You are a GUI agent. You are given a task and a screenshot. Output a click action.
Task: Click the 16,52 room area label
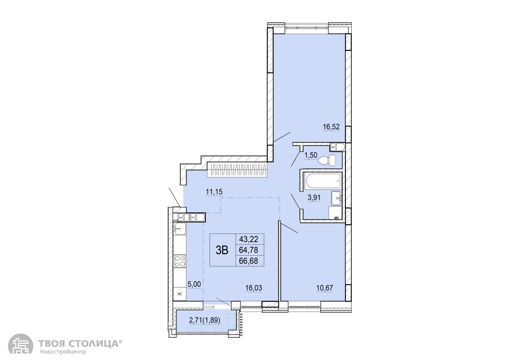[331, 127]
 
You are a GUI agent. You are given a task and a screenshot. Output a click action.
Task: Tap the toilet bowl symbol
[326, 160]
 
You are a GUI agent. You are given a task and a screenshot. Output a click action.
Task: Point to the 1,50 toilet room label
[311, 155]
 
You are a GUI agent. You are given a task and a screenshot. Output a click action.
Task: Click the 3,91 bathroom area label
[314, 197]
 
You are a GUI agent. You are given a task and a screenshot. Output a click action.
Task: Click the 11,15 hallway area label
[214, 192]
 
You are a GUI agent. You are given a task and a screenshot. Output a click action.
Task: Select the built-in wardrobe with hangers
[237, 170]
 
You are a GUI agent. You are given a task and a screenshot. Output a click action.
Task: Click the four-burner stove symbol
[180, 261]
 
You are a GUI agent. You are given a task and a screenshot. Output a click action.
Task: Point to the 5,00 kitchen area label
[194, 284]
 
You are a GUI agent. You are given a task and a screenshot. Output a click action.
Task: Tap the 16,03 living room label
[254, 288]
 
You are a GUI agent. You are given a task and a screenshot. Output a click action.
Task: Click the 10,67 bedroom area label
[325, 288]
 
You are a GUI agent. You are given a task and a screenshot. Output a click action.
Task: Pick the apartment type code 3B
[222, 250]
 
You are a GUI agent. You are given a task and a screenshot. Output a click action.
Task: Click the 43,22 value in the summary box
[249, 239]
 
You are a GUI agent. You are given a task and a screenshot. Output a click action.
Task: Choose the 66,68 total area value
[249, 261]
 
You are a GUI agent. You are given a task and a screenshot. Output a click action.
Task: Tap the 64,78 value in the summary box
[249, 250]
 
